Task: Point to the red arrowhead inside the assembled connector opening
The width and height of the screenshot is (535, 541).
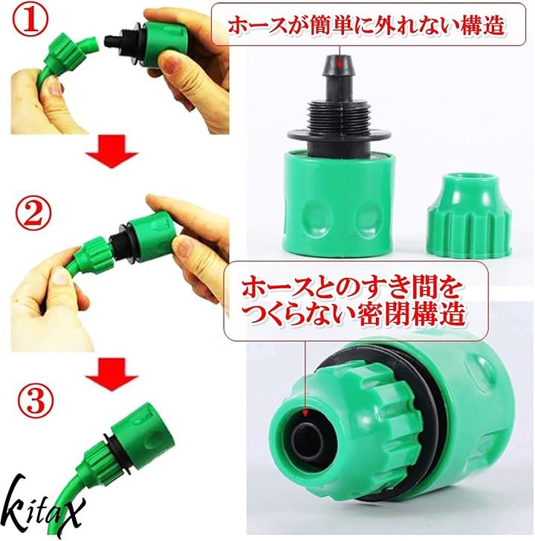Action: [305, 413]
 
